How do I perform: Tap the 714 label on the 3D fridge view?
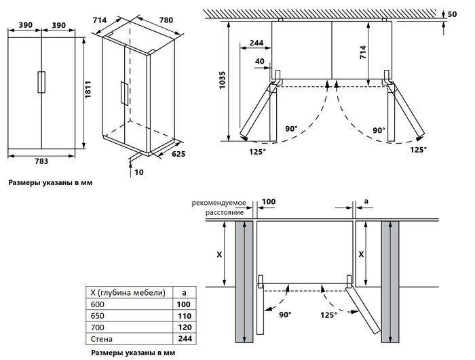coord(100,21)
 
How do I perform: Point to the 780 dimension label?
coord(166,21)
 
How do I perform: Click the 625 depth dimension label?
coord(178,155)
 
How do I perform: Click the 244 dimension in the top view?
coord(256,43)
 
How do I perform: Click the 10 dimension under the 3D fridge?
coord(139,172)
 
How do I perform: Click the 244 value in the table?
coord(184,338)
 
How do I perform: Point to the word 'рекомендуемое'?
coord(218,202)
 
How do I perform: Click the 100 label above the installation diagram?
coord(269,202)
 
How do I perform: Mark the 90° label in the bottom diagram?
coord(284,315)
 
